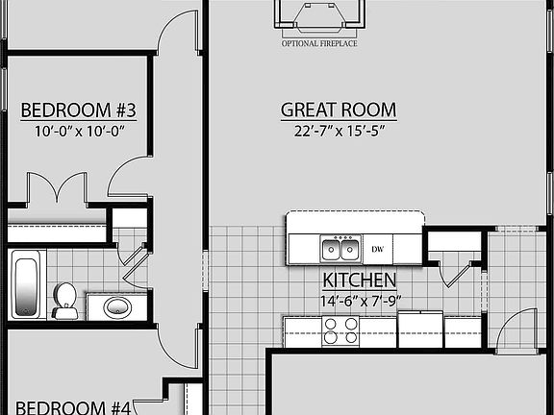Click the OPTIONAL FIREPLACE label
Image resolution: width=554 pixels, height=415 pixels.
coord(319,43)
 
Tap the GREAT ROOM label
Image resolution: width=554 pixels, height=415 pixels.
coord(339,110)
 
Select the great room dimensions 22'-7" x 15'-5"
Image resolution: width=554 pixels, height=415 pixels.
coord(339,133)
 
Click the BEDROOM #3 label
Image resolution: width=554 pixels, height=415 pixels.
coord(79,110)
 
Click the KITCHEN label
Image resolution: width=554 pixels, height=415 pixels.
coord(360,281)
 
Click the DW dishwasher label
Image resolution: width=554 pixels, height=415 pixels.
coord(378,250)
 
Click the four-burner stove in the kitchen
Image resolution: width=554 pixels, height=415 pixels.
coord(340,330)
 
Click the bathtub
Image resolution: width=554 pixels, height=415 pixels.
coord(26,284)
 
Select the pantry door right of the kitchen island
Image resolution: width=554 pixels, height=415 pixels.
coord(455,264)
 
